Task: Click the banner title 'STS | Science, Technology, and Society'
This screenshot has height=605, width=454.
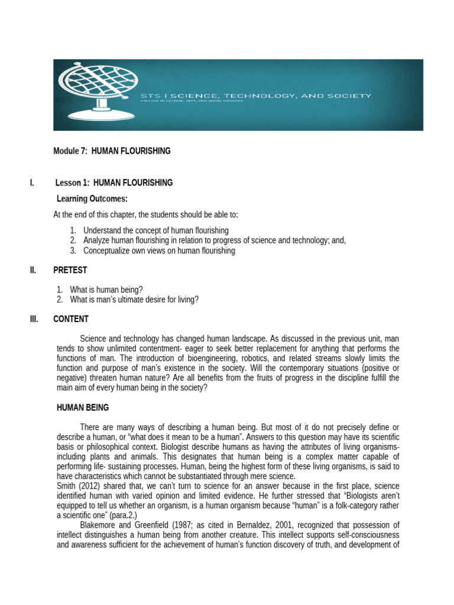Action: [255, 95]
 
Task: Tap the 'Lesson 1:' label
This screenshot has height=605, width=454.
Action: [73, 183]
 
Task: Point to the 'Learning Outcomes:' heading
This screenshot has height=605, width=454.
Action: [92, 199]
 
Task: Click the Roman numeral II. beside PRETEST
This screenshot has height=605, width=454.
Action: [33, 271]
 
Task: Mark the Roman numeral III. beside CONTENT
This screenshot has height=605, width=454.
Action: [34, 319]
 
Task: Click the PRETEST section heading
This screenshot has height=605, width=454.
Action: [70, 271]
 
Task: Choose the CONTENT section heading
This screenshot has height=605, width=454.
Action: [71, 319]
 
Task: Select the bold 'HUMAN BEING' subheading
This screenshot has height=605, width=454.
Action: [82, 408]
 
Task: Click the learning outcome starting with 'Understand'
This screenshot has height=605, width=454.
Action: [156, 230]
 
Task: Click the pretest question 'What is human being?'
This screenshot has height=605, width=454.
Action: [106, 290]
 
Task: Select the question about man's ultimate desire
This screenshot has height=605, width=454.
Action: [134, 300]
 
